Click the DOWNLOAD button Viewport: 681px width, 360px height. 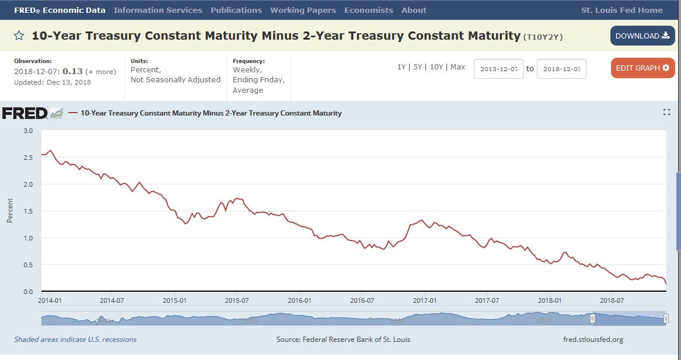[642, 36]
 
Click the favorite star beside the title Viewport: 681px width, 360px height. [19, 36]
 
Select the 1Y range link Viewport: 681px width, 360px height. [401, 67]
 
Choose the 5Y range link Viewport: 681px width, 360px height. [417, 67]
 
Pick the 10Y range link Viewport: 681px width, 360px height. [436, 67]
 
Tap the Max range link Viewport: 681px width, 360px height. [458, 67]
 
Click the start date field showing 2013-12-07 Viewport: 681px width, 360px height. [498, 69]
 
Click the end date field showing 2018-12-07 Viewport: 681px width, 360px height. [561, 69]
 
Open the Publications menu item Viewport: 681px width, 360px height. [236, 10]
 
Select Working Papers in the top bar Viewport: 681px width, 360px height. [303, 10]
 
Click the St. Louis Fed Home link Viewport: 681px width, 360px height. [621, 10]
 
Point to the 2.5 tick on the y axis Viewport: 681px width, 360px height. [28, 158]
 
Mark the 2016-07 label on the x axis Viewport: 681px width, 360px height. [362, 300]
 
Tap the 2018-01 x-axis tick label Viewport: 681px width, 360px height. [550, 300]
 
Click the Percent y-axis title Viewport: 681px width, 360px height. [10, 210]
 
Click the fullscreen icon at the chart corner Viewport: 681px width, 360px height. [666, 112]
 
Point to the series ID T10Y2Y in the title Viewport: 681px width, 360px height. [543, 37]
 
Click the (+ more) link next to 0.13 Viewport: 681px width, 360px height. [100, 72]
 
